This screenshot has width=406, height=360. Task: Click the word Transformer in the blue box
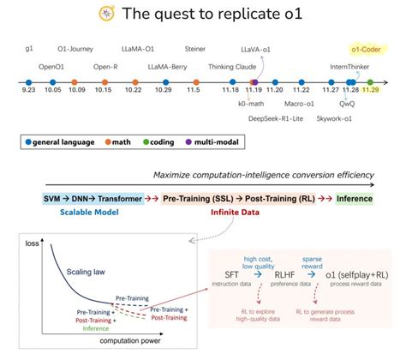click(119, 198)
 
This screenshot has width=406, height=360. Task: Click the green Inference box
click(353, 198)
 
